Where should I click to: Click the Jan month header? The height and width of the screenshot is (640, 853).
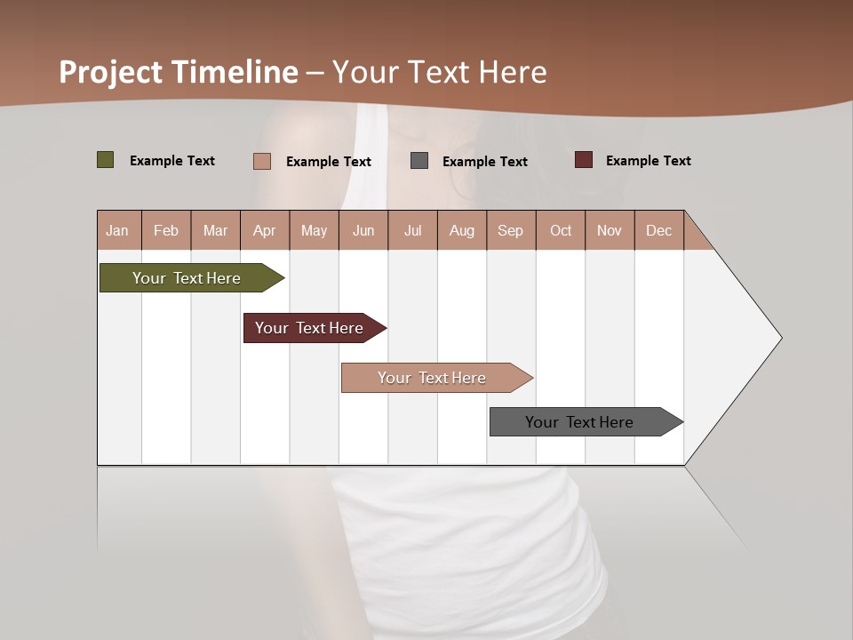tap(118, 230)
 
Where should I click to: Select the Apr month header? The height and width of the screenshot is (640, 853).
tap(265, 230)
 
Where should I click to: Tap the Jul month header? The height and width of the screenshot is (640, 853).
tap(412, 230)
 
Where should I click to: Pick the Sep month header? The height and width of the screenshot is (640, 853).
tap(510, 230)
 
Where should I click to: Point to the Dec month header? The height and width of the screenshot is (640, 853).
tap(658, 230)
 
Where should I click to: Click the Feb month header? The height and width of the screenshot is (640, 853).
tap(166, 230)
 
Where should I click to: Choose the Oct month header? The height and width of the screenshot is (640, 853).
tap(561, 230)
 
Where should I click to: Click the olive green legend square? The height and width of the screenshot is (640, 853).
tap(106, 160)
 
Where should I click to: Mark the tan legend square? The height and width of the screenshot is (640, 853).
tap(262, 161)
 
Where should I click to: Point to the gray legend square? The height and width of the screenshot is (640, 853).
tap(419, 161)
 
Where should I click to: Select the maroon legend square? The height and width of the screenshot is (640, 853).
tap(584, 160)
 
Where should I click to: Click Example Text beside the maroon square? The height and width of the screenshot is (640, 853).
tap(648, 161)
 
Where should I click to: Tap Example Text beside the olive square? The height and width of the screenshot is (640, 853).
tap(172, 161)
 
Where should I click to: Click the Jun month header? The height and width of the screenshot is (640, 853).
tap(363, 230)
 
